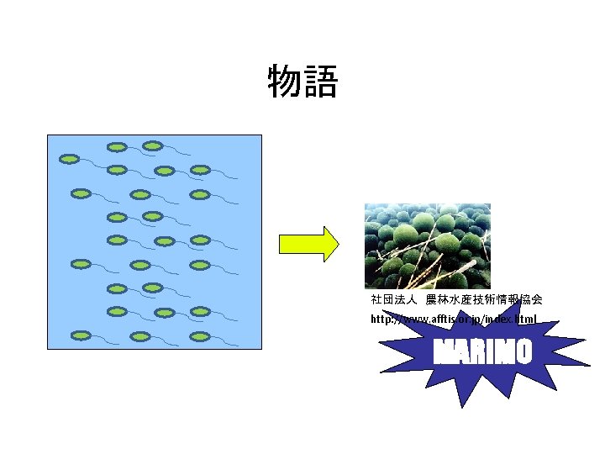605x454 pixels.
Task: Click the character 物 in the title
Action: pyautogui.click(x=284, y=82)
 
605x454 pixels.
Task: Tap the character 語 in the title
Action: pyautogui.click(x=321, y=82)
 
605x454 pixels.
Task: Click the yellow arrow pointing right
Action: pyautogui.click(x=308, y=244)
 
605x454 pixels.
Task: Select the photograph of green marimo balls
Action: pyautogui.click(x=427, y=245)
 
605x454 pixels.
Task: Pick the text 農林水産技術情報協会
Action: pyautogui.click(x=484, y=299)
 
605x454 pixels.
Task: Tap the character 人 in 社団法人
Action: pyautogui.click(x=413, y=299)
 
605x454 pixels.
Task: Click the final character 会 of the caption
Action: pyautogui.click(x=536, y=299)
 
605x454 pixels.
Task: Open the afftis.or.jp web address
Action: pyautogui.click(x=454, y=319)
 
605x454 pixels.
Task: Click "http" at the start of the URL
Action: pyautogui.click(x=381, y=319)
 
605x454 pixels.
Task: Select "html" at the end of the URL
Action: pyautogui.click(x=525, y=319)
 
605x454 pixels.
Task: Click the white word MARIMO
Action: pyautogui.click(x=482, y=352)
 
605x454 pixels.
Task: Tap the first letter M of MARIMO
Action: pyautogui.click(x=443, y=352)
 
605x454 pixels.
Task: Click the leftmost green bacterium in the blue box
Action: pyautogui.click(x=69, y=158)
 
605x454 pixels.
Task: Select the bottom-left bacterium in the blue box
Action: pyautogui.click(x=81, y=335)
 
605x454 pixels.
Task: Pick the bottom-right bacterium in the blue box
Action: pyautogui.click(x=199, y=335)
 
